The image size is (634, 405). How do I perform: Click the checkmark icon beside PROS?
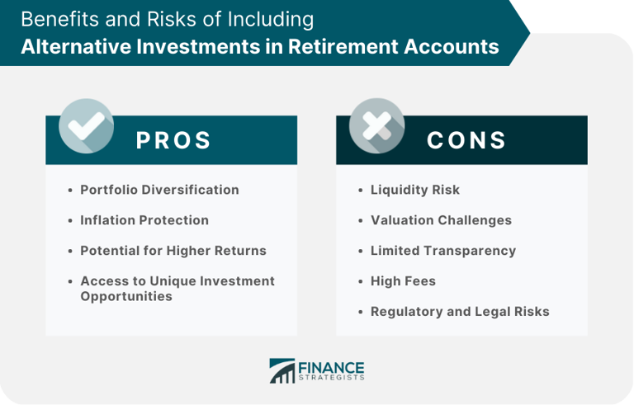[86, 125]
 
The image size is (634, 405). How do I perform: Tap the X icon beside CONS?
[376, 125]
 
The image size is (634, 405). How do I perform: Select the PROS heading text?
[173, 140]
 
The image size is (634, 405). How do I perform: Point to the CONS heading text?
[466, 140]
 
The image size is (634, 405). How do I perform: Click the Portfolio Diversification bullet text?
[159, 190]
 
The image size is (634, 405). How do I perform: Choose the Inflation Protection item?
[144, 220]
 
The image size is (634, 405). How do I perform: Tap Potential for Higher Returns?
[173, 251]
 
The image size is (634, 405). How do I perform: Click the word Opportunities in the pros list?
[126, 296]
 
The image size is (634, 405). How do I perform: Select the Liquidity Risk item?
[415, 190]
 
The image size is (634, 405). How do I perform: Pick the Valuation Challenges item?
[441, 220]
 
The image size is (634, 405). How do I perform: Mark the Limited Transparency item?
[443, 251]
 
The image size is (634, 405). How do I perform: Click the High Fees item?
[403, 281]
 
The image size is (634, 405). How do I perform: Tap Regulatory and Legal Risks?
[460, 312]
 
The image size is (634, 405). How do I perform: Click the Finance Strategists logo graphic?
[282, 370]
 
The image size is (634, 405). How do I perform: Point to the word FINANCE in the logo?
[331, 368]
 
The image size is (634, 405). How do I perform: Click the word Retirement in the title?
[343, 46]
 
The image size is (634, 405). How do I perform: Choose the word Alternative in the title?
[76, 46]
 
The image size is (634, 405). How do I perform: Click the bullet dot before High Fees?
[361, 281]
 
